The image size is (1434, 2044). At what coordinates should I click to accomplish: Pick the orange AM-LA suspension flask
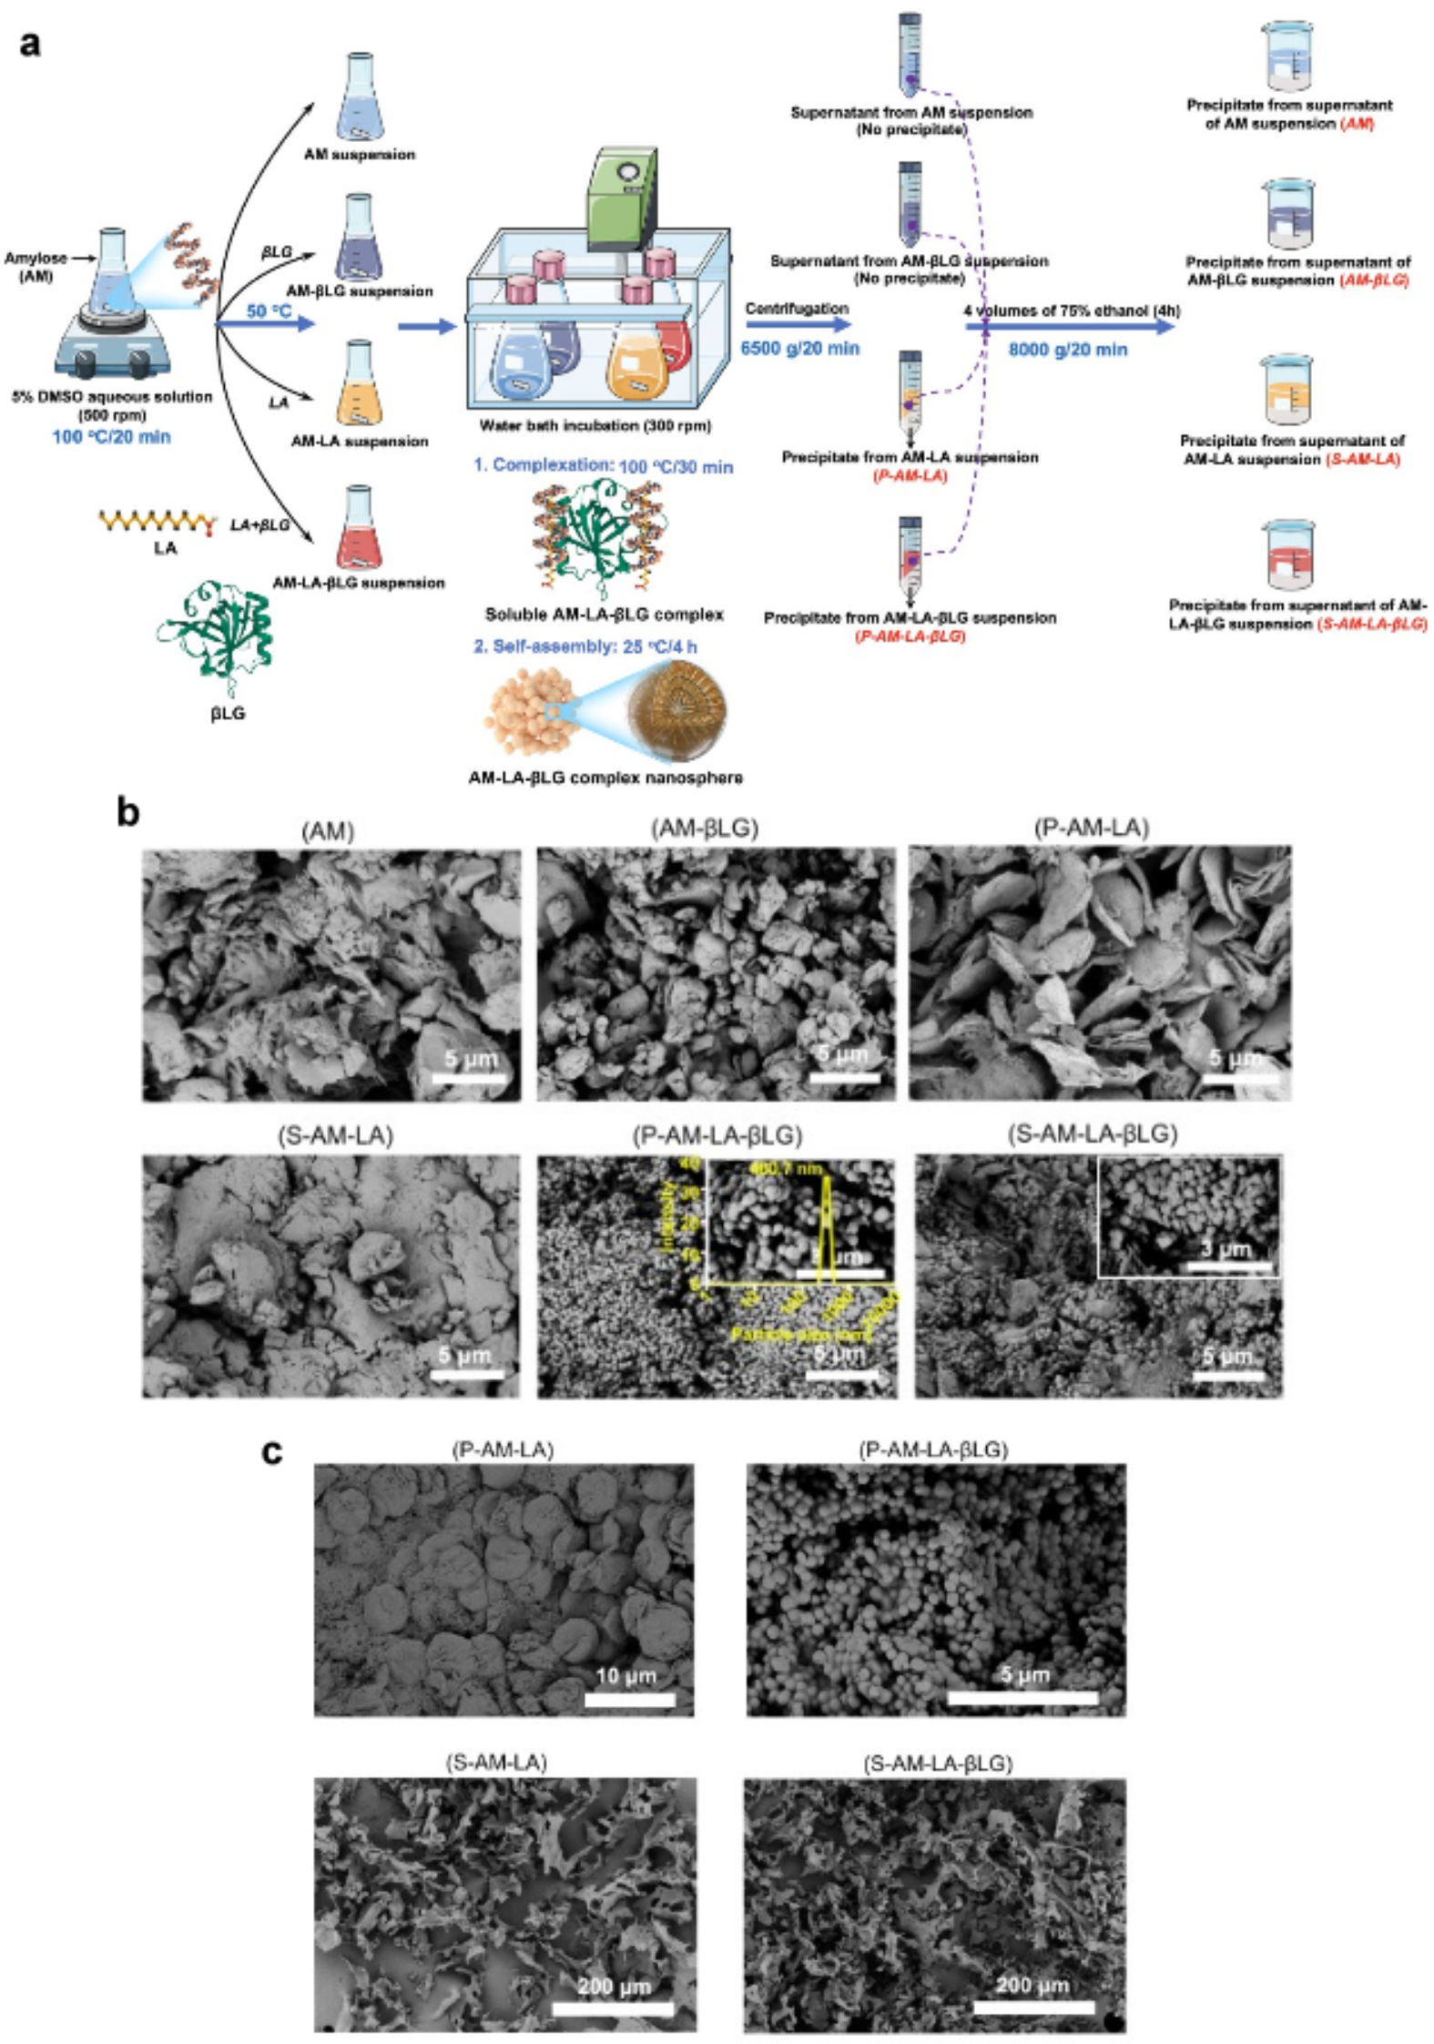point(359,383)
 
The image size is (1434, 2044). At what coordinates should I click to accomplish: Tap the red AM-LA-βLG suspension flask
point(358,527)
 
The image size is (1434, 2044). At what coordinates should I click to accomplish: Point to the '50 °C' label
point(269,311)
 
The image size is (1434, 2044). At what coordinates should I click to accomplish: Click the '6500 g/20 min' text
point(799,348)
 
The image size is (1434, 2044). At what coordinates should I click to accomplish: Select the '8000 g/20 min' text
point(1067,350)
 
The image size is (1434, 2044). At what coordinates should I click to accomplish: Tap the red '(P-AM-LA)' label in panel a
point(909,475)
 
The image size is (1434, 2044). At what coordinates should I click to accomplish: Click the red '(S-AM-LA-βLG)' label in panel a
point(1371,624)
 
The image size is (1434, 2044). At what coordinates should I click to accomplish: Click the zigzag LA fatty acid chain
point(158,522)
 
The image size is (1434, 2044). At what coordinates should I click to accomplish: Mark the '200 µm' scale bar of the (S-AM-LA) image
point(612,2008)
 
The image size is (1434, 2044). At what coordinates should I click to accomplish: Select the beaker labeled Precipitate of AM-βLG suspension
point(1288,214)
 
